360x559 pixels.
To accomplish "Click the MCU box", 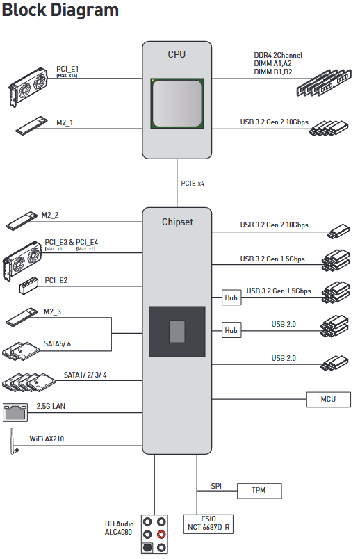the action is pyautogui.click(x=328, y=399).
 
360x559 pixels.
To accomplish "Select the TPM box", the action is pyautogui.click(x=259, y=491).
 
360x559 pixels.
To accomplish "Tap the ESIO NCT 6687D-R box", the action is pyautogui.click(x=208, y=524).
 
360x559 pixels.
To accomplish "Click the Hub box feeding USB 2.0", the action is pyautogui.click(x=231, y=330).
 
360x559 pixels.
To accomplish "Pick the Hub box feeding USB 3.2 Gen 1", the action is pyautogui.click(x=231, y=298).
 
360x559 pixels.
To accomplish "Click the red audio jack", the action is pyautogui.click(x=161, y=535).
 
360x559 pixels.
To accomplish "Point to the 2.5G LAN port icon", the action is pyautogui.click(x=15, y=412).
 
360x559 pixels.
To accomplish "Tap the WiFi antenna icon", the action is pyautogui.click(x=13, y=441).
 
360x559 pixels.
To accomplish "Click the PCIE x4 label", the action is pyautogui.click(x=193, y=184).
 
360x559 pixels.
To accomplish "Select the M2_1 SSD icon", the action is pyautogui.click(x=31, y=125).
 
